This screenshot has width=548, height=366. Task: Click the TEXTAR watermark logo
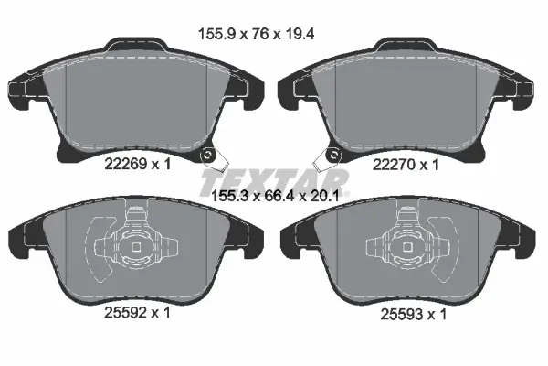tap(273, 179)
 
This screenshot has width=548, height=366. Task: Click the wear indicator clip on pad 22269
tap(212, 158)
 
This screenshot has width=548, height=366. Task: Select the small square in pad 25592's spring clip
tap(136, 246)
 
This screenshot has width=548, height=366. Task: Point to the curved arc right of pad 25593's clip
tap(451, 248)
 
